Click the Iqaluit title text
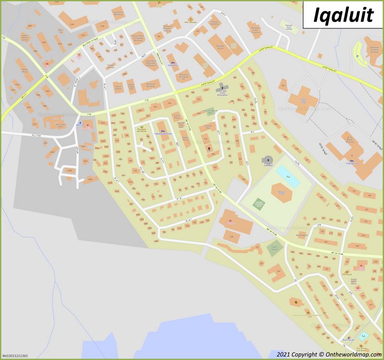pyautogui.click(x=343, y=15)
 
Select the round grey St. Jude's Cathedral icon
pyautogui.click(x=267, y=160)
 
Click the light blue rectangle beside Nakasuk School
pyautogui.click(x=288, y=177)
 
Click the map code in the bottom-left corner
pyautogui.click(x=14, y=356)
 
